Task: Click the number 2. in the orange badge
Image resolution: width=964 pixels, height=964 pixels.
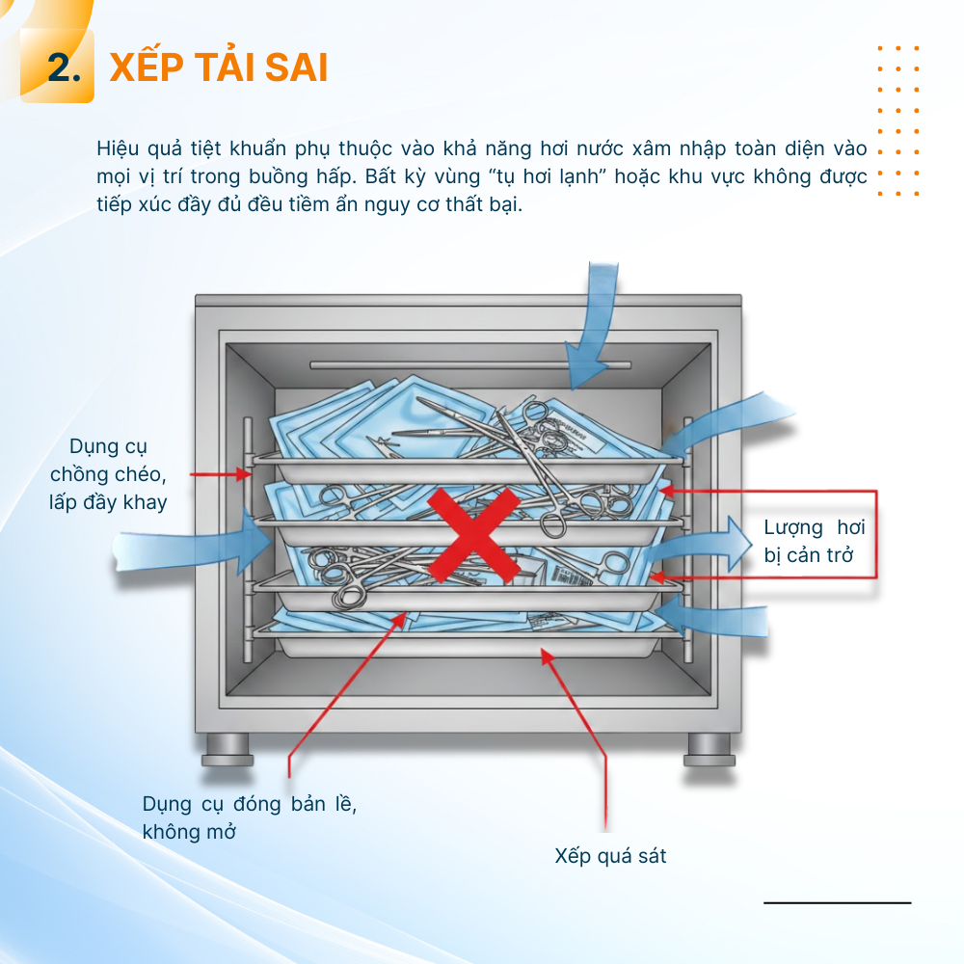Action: tap(64, 67)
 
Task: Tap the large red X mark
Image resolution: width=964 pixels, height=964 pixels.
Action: tap(473, 535)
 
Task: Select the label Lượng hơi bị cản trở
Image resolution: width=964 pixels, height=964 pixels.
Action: tap(814, 541)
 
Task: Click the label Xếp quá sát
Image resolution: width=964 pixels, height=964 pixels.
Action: tap(610, 856)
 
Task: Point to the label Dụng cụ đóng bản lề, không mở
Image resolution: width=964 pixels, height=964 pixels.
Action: tap(249, 817)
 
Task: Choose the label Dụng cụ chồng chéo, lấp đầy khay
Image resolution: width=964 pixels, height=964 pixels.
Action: tap(108, 474)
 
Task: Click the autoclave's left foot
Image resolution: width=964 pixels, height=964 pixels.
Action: tap(228, 749)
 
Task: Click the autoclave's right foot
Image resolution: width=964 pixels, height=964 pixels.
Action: tap(709, 749)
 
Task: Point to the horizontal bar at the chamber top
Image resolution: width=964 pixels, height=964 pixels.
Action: tap(470, 365)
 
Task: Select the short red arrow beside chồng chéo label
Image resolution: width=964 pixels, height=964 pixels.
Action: tap(221, 474)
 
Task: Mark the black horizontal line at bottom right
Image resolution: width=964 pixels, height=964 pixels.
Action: tap(838, 902)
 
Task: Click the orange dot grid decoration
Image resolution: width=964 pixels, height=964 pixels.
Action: tap(898, 120)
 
